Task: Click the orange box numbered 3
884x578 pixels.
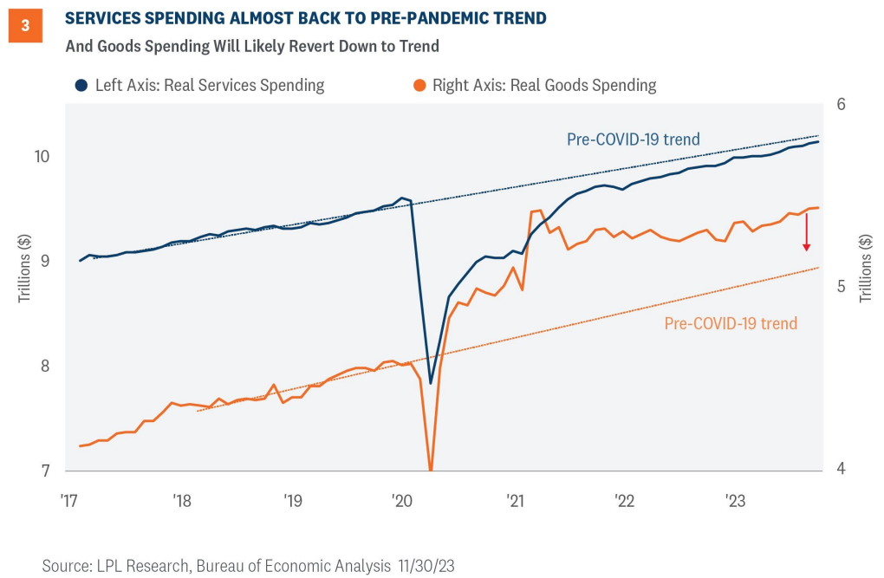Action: tap(25, 26)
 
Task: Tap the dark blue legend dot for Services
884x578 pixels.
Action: tap(81, 85)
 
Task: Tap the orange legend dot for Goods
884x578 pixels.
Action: tap(419, 85)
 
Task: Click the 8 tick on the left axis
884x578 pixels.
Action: tap(44, 366)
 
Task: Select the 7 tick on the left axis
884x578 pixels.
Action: tap(44, 471)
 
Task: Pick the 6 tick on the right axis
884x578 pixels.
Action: tap(839, 104)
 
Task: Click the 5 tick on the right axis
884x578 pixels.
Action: tap(839, 287)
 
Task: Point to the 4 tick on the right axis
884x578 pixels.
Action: tap(839, 470)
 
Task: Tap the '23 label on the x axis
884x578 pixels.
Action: tap(735, 501)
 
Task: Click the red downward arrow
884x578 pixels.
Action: tap(807, 232)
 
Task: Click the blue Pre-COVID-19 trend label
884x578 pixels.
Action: tap(633, 139)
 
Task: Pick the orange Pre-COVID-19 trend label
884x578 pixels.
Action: tap(731, 323)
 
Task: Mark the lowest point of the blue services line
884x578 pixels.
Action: tap(430, 382)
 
